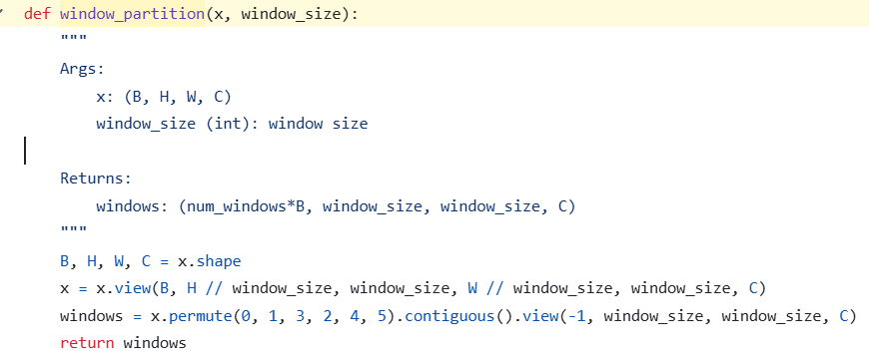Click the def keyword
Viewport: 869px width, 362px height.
click(37, 14)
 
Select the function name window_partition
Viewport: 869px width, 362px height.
click(133, 14)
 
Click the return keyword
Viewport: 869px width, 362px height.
click(87, 343)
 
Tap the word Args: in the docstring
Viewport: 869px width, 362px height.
click(82, 69)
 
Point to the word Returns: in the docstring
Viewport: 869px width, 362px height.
click(96, 179)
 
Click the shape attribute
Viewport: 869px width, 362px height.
click(219, 262)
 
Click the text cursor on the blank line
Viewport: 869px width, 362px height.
click(25, 152)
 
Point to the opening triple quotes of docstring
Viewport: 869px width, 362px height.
click(73, 38)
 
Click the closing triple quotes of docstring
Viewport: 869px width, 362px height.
click(73, 229)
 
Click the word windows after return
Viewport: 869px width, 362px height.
click(155, 343)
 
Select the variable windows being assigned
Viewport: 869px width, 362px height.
click(92, 316)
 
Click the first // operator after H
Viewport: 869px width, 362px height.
click(214, 289)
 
